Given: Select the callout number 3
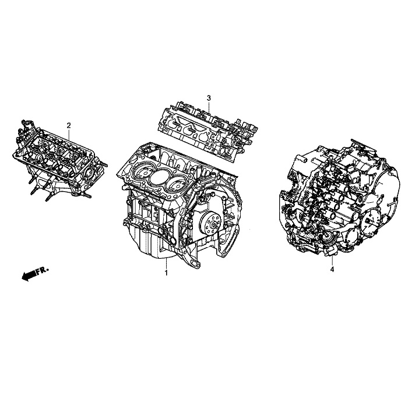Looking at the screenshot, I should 208,97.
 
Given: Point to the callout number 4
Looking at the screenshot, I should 332,269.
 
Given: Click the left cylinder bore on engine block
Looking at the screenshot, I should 139,173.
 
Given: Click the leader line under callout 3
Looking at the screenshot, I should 209,105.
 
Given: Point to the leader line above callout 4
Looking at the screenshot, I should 332,259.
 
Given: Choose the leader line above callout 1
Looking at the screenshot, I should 167,262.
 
